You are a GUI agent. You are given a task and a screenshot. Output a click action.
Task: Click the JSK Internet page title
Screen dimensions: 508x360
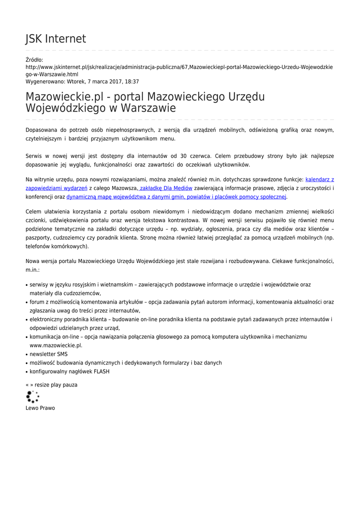pyautogui.click(x=56, y=39)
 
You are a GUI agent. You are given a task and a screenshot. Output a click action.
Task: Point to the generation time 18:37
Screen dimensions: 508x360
pyautogui.click(x=132, y=81)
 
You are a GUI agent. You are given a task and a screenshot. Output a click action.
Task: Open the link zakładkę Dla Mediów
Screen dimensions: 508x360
pyautogui.click(x=165, y=188)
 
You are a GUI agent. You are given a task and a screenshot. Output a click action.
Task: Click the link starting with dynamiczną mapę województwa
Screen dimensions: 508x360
pyautogui.click(x=176, y=197)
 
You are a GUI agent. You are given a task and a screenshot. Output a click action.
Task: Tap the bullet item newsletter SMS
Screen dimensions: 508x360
pyautogui.click(x=49, y=354)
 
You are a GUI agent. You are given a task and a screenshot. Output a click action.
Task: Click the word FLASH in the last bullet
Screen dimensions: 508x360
pyautogui.click(x=101, y=371)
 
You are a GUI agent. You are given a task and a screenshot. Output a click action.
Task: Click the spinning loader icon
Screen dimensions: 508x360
pyautogui.click(x=32, y=396)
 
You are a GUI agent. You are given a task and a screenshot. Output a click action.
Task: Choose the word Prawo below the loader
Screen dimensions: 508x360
pyautogui.click(x=48, y=408)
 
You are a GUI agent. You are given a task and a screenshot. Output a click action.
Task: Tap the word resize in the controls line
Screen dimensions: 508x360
pyautogui.click(x=42, y=384)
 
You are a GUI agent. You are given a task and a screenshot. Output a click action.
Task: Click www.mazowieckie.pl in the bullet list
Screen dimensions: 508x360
pyautogui.click(x=56, y=345)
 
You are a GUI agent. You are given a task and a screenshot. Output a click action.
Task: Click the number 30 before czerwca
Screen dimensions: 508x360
pyautogui.click(x=184, y=156)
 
